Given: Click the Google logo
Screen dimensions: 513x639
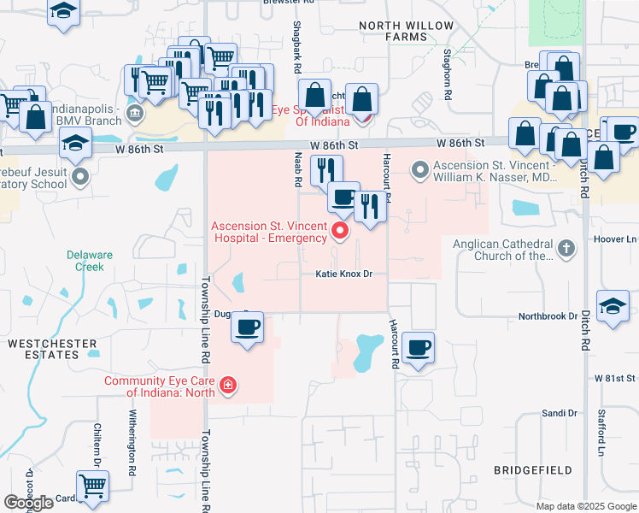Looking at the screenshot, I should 28,503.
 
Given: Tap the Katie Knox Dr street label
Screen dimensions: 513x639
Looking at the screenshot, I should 345,274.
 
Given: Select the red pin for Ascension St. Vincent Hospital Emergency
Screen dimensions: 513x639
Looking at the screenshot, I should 341,229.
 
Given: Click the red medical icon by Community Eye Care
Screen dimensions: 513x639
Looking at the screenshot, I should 227,386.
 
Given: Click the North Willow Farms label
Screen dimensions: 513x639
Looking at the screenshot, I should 406,32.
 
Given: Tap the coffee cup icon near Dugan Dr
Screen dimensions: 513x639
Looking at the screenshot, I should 248,327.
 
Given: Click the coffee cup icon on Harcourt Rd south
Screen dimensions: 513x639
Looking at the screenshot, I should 418,348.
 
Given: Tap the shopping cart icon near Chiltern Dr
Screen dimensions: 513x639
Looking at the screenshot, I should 93,487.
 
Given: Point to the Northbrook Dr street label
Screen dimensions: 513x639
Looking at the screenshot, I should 548,316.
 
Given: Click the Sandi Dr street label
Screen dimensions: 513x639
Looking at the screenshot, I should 560,413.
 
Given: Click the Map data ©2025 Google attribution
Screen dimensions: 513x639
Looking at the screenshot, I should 585,506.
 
